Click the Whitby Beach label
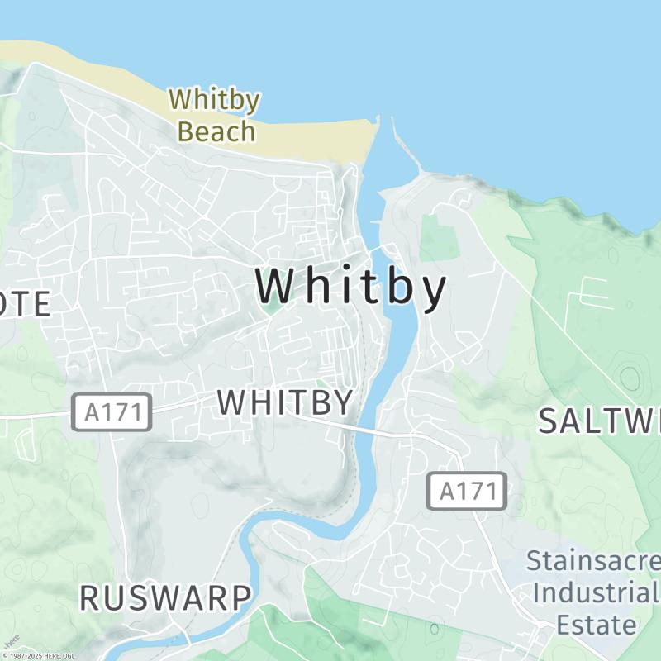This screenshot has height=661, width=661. click(215, 115)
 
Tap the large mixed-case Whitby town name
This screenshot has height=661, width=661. click(351, 287)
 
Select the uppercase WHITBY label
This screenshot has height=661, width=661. click(286, 402)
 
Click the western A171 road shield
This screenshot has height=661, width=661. click(112, 412)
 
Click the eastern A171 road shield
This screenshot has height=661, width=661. click(467, 492)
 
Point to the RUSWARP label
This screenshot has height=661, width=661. click(165, 597)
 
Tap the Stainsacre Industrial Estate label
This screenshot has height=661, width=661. click(593, 592)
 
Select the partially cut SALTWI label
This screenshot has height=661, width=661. click(599, 421)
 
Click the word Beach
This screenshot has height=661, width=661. click(216, 131)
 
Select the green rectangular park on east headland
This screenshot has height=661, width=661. click(438, 237)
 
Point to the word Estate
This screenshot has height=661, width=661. click(596, 624)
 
